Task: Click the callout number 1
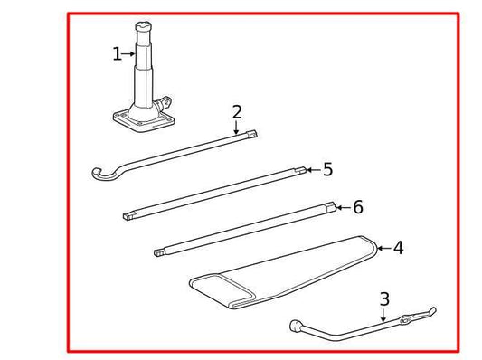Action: tap(117, 54)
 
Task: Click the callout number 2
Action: tap(237, 112)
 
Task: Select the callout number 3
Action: tap(384, 298)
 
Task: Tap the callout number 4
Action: tap(398, 248)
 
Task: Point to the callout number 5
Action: tap(327, 169)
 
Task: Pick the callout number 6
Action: tap(358, 207)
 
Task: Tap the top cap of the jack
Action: tap(144, 28)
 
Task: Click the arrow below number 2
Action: tap(237, 128)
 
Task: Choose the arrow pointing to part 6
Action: tap(342, 207)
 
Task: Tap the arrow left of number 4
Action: tap(382, 248)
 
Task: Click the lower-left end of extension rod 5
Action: tap(127, 215)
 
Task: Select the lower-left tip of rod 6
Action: tap(159, 251)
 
